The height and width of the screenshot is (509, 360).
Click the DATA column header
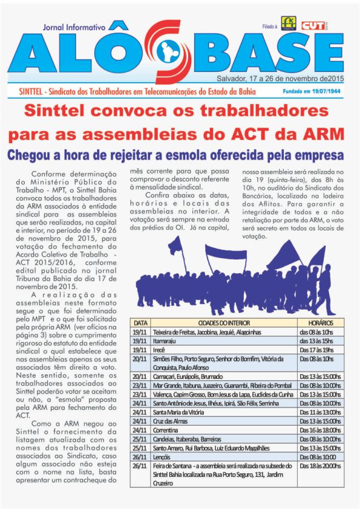[x=140, y=323]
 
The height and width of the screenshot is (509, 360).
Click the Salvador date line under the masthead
[x=280, y=79]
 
